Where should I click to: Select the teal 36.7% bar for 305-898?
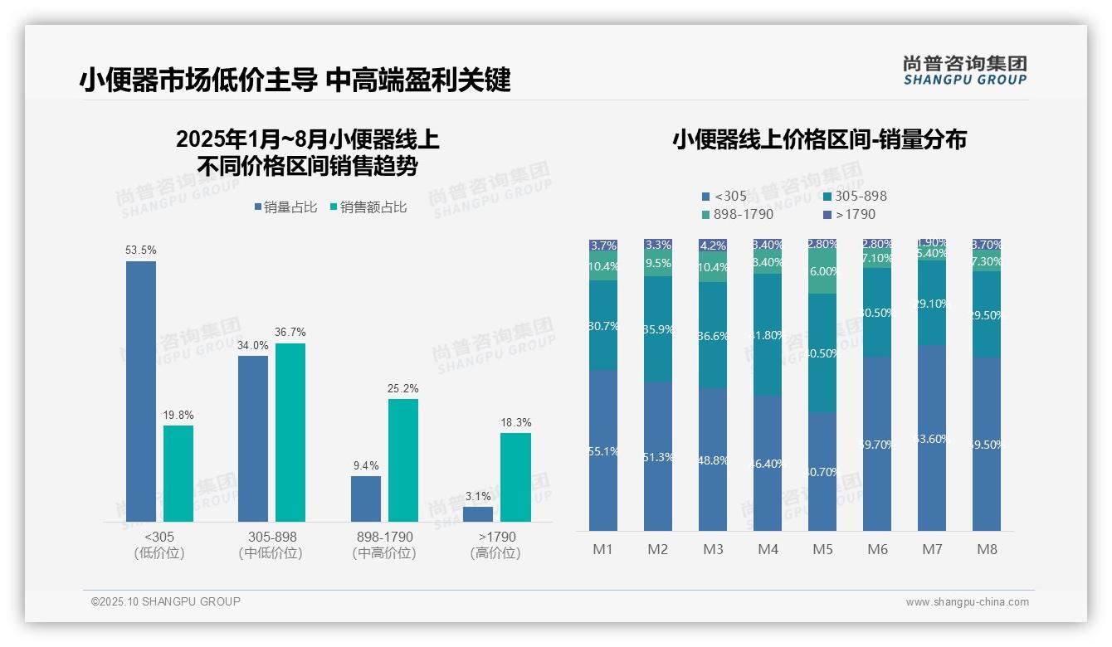pyautogui.click(x=290, y=431)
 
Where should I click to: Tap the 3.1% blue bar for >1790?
pyautogui.click(x=478, y=513)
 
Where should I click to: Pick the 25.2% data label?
pyautogui.click(x=403, y=388)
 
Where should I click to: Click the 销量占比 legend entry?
pyautogui.click(x=285, y=207)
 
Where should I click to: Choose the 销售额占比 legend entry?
pyautogui.click(x=368, y=207)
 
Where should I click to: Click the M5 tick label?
pyautogui.click(x=822, y=549)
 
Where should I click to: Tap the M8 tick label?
pyautogui.click(x=987, y=549)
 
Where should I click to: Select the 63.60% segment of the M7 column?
pyautogui.click(x=932, y=438)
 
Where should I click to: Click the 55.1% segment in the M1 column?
pyautogui.click(x=603, y=450)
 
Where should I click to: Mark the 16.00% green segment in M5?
pyautogui.click(x=822, y=271)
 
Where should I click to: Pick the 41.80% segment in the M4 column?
pyautogui.click(x=768, y=334)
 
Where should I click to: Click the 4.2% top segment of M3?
pyautogui.click(x=713, y=246)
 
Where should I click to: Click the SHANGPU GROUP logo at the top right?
pyautogui.click(x=965, y=71)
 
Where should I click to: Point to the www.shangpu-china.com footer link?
pyautogui.click(x=967, y=602)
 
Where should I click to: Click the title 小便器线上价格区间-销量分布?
pyautogui.click(x=819, y=139)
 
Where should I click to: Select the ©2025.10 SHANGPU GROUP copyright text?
pyautogui.click(x=166, y=601)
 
